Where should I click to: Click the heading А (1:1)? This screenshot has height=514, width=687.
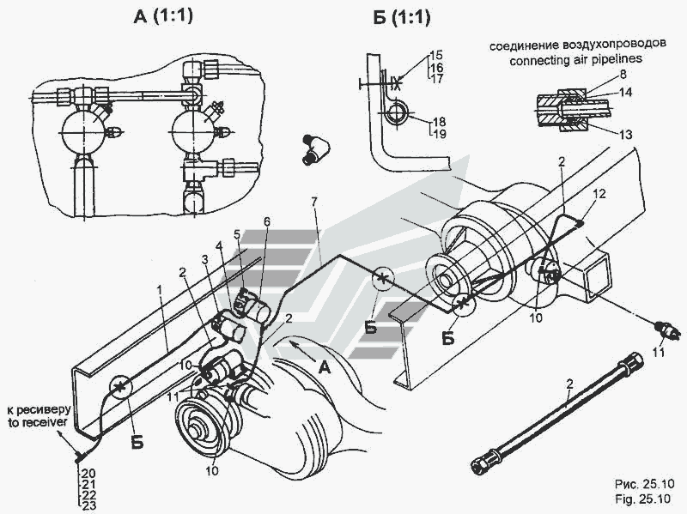click(x=163, y=16)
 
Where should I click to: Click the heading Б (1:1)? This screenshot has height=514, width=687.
click(x=402, y=17)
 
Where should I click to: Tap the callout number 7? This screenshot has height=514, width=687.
click(x=313, y=203)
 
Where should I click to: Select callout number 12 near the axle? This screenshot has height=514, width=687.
click(x=599, y=193)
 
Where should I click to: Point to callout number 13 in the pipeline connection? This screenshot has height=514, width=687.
click(x=626, y=135)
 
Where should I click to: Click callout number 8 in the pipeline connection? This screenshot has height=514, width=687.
click(x=623, y=75)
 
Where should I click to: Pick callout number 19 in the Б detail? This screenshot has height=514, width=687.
click(x=439, y=134)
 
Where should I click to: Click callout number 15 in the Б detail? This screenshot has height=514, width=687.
click(x=436, y=55)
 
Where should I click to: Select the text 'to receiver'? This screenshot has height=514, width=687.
click(x=38, y=422)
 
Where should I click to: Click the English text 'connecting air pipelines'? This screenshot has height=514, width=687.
click(x=575, y=59)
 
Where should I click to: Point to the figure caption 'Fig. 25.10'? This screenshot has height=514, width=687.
click(x=642, y=499)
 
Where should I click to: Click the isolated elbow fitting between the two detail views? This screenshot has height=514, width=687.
click(x=315, y=149)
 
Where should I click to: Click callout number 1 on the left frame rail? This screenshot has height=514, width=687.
click(x=161, y=290)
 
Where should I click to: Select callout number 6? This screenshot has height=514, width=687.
click(x=267, y=222)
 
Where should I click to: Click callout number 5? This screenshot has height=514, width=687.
click(x=237, y=234)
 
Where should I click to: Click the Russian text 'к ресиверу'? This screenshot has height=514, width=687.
click(x=39, y=411)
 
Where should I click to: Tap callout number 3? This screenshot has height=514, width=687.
click(x=204, y=259)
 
